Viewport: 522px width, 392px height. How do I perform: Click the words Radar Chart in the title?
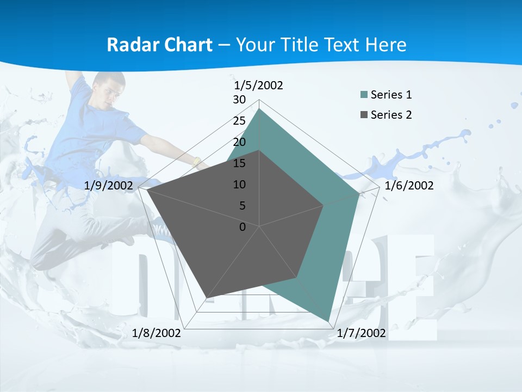coord(159,45)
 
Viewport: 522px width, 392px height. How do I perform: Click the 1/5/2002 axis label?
coord(259,85)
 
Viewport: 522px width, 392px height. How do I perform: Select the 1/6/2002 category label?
coord(409,186)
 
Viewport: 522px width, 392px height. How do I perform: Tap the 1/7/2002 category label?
coord(361,333)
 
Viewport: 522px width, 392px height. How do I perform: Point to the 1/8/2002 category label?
coord(157,333)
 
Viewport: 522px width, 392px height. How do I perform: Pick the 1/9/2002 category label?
coord(109,186)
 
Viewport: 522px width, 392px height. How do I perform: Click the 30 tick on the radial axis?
coord(239,100)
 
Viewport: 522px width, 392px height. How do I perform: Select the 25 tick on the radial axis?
coord(239,121)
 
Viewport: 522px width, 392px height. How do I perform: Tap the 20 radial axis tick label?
coord(239,142)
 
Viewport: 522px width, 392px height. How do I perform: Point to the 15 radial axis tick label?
coord(239,163)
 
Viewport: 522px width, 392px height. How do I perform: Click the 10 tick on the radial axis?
coord(239,185)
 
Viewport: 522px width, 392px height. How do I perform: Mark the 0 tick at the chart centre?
coord(243,227)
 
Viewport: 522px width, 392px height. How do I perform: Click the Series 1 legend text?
coord(391,95)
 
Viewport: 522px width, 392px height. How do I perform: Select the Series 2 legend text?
coord(391,115)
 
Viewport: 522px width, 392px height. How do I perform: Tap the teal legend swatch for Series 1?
coord(364,95)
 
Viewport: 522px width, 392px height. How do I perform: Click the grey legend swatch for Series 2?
coord(364,115)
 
